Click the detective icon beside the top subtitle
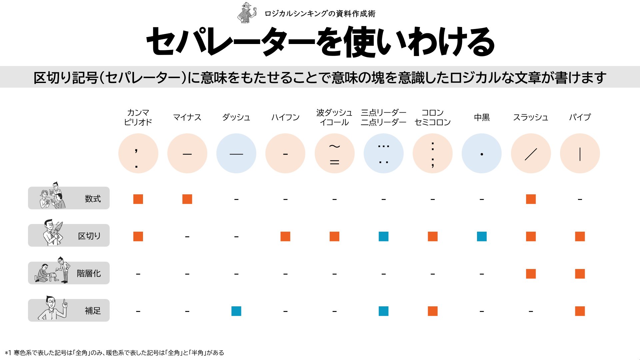[x=247, y=13]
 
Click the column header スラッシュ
[x=531, y=117]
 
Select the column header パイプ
[x=580, y=117]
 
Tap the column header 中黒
[x=482, y=117]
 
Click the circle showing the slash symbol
[x=531, y=154]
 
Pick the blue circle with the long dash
[x=236, y=154]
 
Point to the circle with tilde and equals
[x=334, y=154]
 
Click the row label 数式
[x=93, y=199]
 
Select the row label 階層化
[x=89, y=273]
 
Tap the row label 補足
[x=93, y=311]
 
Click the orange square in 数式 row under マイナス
[x=187, y=199]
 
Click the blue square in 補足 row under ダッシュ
[x=236, y=311]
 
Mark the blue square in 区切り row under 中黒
[x=482, y=236]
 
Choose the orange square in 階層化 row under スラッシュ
[x=531, y=274]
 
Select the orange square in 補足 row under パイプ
[x=580, y=311]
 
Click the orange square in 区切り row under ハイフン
[x=285, y=236]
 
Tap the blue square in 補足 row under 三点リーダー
[x=383, y=311]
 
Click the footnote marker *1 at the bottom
[x=8, y=353]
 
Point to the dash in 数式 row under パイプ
[x=580, y=199]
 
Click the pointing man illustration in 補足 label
[x=53, y=308]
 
